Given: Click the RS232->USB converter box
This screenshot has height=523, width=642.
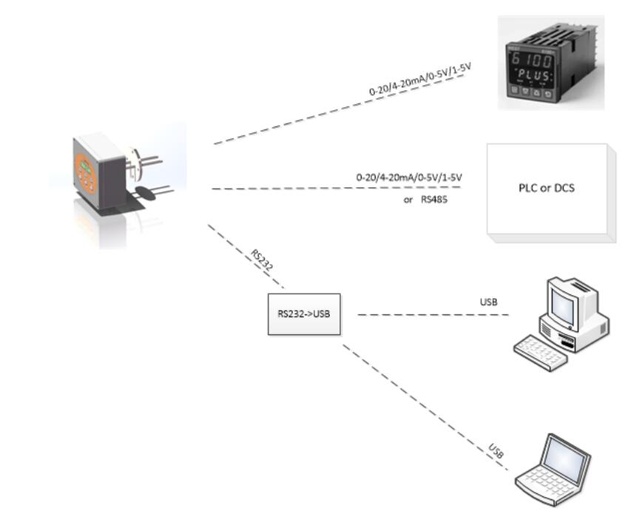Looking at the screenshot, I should [x=304, y=314].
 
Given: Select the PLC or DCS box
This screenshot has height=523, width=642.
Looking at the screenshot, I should [x=547, y=188].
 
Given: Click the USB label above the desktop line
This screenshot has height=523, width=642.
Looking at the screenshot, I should [x=488, y=302].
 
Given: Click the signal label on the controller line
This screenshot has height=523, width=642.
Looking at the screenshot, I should [x=420, y=81].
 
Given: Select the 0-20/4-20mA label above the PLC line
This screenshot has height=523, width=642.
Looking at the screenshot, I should [x=413, y=178].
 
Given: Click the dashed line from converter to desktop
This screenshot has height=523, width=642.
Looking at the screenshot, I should [x=433, y=314].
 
